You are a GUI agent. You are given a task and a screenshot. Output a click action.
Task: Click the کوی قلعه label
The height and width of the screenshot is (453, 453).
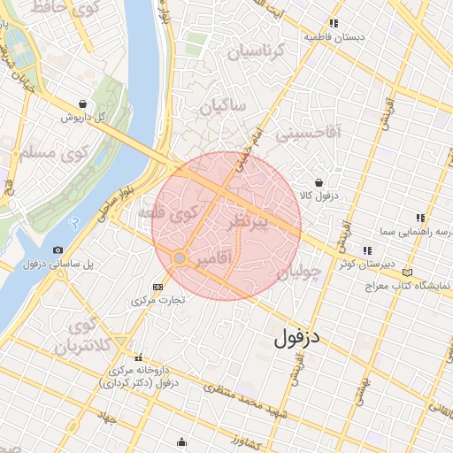pos(166,213)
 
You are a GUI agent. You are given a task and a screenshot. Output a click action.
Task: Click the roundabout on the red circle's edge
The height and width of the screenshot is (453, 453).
pos(180,257)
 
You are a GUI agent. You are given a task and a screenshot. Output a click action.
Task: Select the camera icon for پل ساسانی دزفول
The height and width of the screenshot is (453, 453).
pos(58,250)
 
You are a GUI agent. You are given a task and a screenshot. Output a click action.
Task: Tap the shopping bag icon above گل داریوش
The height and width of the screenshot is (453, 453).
pos(82,104)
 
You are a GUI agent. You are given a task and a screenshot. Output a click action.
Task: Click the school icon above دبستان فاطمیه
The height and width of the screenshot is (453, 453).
pos(334,24)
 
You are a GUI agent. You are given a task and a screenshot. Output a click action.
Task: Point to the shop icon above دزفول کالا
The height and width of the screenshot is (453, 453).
pos(319,182)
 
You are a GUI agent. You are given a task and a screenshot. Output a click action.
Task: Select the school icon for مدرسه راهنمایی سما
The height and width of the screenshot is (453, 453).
pos(419,218)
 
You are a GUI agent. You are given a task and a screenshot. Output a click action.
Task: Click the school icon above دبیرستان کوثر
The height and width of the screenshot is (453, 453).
pos(367,250)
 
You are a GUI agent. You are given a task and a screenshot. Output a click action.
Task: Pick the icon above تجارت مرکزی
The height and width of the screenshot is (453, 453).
pos(158,287)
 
